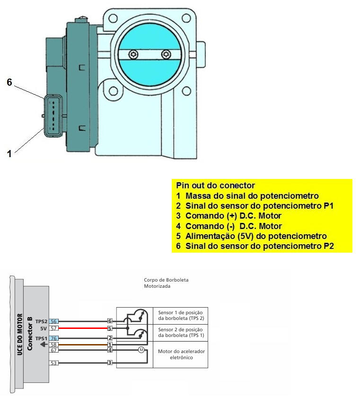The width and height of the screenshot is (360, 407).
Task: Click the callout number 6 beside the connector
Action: (9, 82)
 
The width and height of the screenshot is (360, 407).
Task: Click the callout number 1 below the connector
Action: (9, 153)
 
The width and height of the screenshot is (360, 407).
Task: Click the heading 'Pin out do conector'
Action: (215, 185)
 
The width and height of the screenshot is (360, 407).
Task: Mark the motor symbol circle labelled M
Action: (140, 350)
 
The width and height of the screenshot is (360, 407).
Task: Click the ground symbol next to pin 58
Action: (43, 345)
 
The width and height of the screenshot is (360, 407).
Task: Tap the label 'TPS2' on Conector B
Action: (41, 321)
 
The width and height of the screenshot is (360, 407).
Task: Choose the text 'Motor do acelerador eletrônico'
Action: (180, 354)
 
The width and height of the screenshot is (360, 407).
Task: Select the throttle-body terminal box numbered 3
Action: (110, 363)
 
